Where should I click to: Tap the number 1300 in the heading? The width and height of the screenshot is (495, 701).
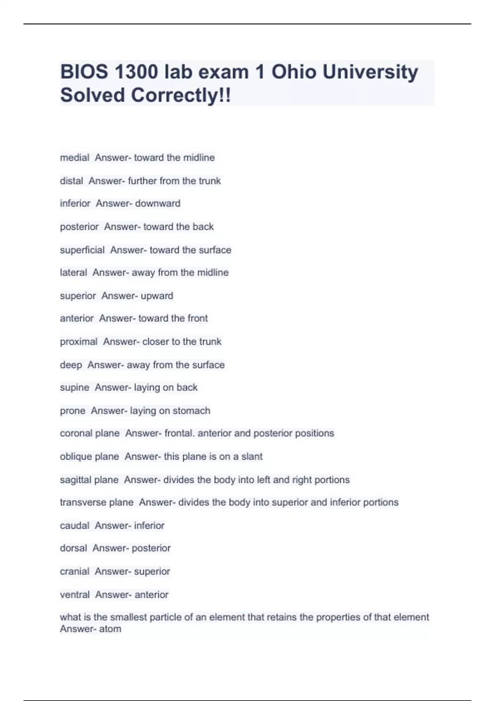click(x=136, y=72)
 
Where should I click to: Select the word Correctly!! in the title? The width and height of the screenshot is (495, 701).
click(x=181, y=95)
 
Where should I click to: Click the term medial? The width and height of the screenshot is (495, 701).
click(x=75, y=158)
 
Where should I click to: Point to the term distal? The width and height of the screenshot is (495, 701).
click(x=71, y=181)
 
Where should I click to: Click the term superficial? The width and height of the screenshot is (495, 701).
click(x=82, y=250)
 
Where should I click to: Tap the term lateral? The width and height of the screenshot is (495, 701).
click(x=73, y=273)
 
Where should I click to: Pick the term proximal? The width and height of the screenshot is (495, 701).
click(x=79, y=341)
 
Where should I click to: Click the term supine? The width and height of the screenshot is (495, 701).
click(x=75, y=388)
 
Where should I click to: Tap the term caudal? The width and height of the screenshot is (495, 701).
click(x=75, y=525)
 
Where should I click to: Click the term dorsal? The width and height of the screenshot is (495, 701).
click(x=73, y=548)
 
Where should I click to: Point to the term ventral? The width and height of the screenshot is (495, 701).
click(x=75, y=595)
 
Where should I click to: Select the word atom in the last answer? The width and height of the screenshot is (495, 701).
click(x=110, y=629)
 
